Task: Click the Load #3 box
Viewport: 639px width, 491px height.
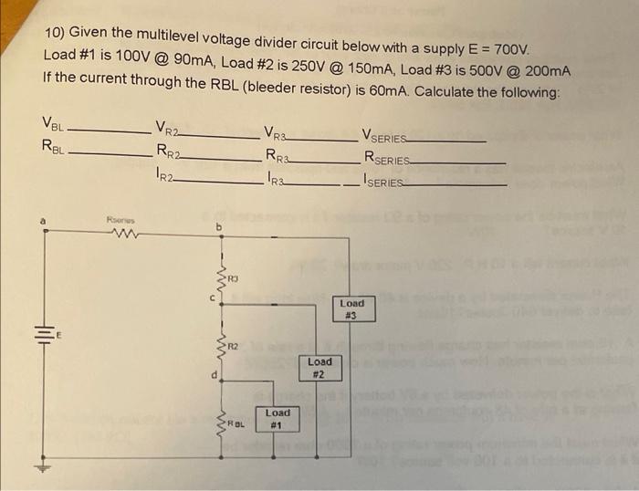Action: point(351,308)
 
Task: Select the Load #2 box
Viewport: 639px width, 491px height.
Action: point(319,367)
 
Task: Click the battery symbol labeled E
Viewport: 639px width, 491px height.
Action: point(41,334)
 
